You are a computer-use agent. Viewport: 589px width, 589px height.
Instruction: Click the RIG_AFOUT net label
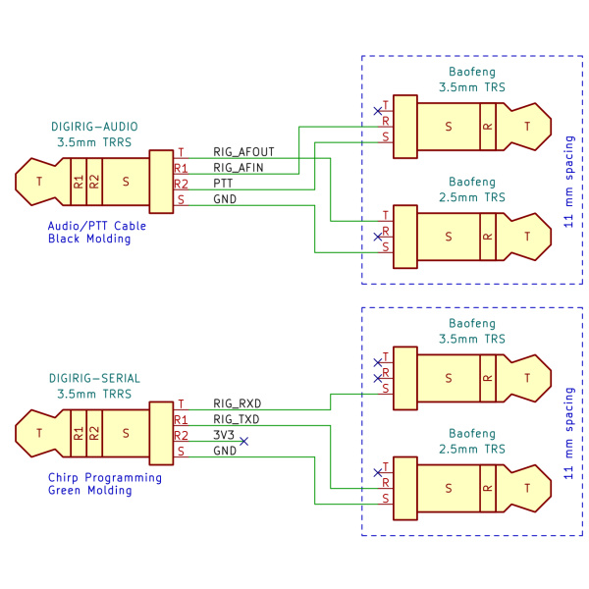click(243, 152)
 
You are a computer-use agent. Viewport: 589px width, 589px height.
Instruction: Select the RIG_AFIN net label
click(239, 168)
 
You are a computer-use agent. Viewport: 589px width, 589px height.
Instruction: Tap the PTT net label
click(223, 184)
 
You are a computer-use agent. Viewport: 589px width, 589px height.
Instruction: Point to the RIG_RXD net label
click(237, 403)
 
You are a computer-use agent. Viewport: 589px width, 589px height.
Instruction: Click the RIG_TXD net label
click(237, 419)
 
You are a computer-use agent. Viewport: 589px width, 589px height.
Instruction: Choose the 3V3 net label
click(224, 435)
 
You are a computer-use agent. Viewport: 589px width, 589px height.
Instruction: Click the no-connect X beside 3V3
click(243, 442)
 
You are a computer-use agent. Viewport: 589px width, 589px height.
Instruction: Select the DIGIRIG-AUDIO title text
click(94, 127)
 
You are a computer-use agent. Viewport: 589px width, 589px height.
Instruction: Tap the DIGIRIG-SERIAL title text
click(94, 378)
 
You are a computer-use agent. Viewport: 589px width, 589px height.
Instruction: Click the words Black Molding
click(89, 239)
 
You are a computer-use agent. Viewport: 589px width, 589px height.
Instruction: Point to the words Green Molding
click(89, 491)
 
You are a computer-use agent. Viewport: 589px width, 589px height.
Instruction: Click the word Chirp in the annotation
click(63, 478)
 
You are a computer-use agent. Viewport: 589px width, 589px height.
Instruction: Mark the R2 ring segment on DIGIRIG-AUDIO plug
click(94, 182)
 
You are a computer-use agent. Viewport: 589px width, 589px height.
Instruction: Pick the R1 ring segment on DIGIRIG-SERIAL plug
click(79, 434)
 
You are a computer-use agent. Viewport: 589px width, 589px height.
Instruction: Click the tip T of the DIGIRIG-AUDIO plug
click(39, 182)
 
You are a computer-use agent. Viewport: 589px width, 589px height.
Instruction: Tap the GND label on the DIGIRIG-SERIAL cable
click(225, 451)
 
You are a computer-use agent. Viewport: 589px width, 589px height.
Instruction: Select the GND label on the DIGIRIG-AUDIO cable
click(225, 199)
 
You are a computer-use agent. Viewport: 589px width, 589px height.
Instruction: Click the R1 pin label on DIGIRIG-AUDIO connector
click(181, 168)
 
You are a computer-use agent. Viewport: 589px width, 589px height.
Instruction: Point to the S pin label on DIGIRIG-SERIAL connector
click(181, 452)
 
